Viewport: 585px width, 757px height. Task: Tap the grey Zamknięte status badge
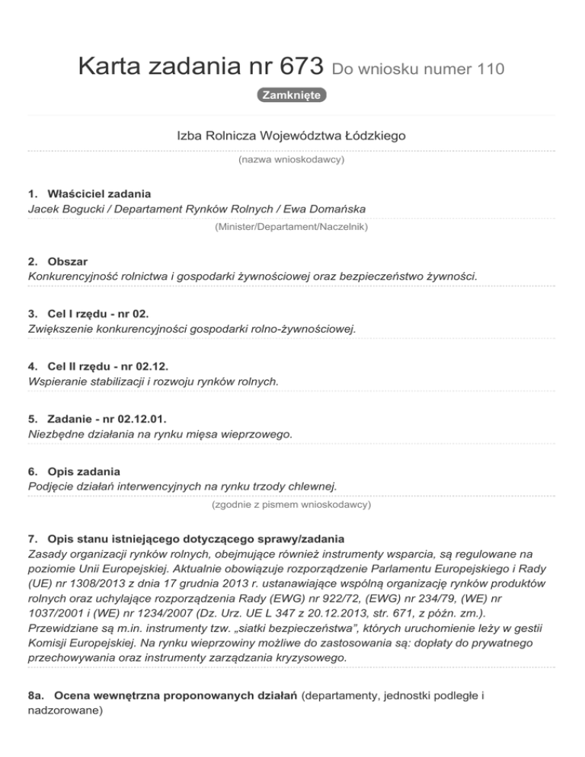tap(292, 95)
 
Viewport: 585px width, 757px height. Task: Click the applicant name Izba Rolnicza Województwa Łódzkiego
tap(292, 136)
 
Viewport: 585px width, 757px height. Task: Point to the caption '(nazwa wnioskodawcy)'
tap(292, 161)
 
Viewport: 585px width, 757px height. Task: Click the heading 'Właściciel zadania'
tap(98, 193)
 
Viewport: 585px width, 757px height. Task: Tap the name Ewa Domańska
tap(333, 208)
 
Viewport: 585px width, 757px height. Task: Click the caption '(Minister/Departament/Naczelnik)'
tap(292, 226)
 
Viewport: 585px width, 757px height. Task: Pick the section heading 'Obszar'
tap(67, 260)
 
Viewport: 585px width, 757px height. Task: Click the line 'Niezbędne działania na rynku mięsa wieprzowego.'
tap(155, 433)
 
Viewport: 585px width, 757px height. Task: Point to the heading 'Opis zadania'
tap(83, 471)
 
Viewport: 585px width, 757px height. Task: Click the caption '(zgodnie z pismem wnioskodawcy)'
tap(292, 504)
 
